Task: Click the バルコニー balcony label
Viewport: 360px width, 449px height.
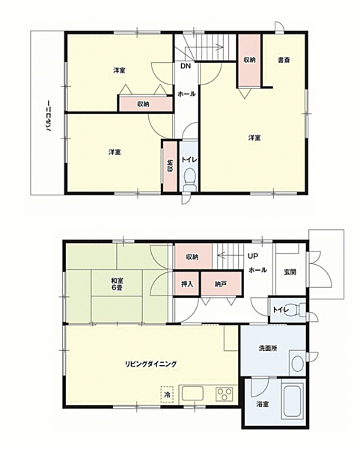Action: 48,116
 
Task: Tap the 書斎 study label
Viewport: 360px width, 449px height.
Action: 284,60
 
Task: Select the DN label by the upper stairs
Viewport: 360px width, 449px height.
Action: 186,66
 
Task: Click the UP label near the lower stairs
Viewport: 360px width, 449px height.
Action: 253,256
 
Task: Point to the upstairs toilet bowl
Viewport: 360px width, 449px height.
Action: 189,180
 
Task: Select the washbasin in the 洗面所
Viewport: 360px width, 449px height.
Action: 298,363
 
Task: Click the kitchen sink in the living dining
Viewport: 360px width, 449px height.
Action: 192,394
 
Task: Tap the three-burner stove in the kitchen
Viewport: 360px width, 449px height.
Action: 225,394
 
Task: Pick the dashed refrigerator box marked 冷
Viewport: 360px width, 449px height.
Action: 167,394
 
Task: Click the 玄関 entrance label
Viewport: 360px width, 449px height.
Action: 290,272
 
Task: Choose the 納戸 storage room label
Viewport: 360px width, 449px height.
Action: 221,284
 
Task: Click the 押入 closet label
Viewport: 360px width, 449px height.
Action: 187,284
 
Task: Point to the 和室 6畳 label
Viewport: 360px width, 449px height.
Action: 118,284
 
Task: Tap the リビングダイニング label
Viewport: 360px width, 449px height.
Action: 151,364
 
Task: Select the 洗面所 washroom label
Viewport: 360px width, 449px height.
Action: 268,349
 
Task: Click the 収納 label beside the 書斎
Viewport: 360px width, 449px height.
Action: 249,60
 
